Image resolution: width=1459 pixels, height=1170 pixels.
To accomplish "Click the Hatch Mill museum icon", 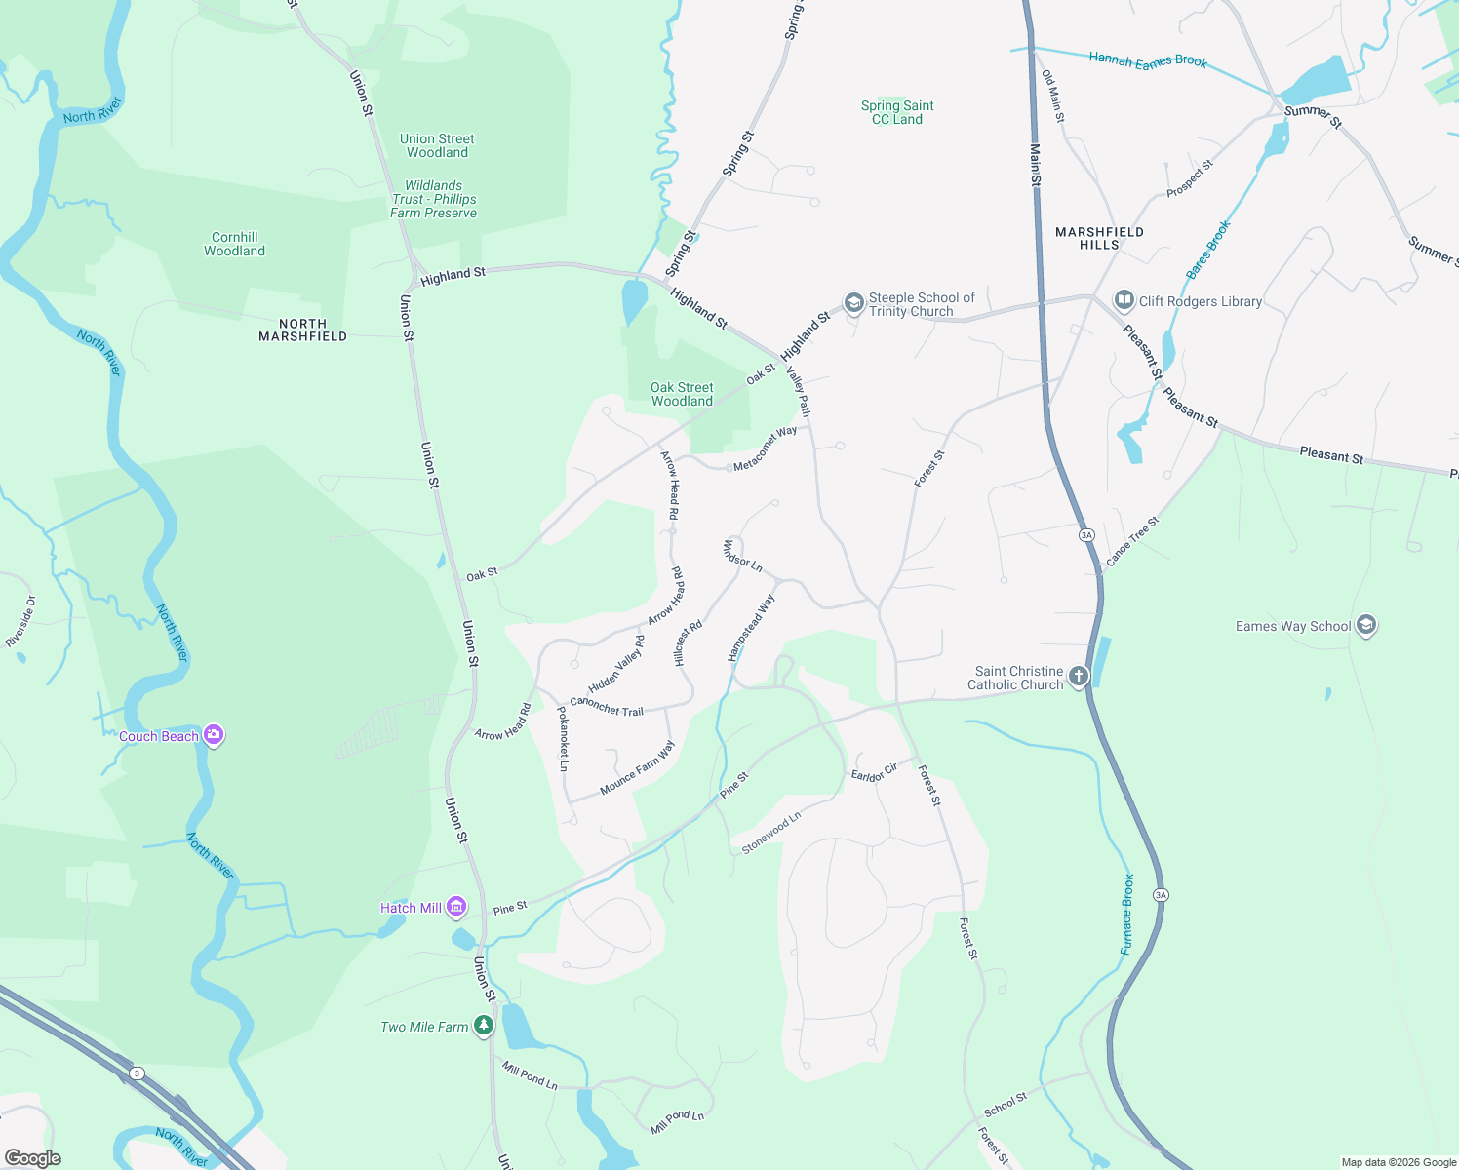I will coord(455,908).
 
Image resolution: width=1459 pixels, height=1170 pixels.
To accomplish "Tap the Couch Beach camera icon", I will coord(214,736).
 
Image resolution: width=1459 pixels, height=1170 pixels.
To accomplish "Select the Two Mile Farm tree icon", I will coord(483,1026).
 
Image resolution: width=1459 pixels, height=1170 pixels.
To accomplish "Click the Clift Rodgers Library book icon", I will coord(1124,301).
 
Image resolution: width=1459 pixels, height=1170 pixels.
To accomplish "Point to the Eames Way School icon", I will coord(1366,626).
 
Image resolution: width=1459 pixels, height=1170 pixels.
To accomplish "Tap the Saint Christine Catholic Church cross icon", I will coord(1078,677).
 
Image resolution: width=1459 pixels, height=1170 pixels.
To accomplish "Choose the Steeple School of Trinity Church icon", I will coord(854,304).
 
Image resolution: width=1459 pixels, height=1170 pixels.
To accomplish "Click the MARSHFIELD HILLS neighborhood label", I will coord(1099,239).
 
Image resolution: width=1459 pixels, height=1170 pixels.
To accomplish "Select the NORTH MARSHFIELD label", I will coord(302,331).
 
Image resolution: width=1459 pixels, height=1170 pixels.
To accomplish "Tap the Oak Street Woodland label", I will coord(682,394).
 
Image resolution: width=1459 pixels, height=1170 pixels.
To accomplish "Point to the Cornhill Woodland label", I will coord(234,244).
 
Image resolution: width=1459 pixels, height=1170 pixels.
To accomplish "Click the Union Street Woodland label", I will coord(437,145).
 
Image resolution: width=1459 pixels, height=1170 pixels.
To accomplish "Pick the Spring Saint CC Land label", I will coord(897,112).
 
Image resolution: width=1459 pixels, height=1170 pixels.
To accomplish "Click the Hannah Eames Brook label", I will coord(1148,60).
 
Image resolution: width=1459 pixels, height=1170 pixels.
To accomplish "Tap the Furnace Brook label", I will coord(1127,914).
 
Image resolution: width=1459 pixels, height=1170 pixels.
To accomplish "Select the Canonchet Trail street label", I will coord(607,706).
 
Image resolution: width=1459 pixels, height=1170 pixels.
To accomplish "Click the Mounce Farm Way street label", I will coord(637,768).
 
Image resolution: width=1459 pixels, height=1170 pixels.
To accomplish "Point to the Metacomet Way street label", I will coord(765,448).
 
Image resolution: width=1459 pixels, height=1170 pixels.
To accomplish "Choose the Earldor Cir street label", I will coord(874,773).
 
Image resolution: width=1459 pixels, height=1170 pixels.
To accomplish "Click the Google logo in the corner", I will coord(33,1158).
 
